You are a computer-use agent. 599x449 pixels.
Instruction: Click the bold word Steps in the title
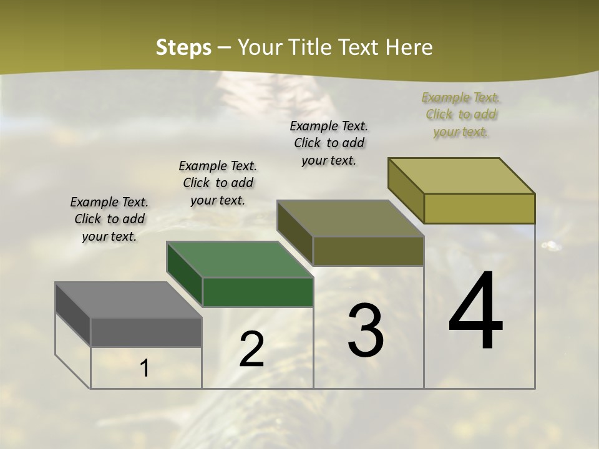point(183,47)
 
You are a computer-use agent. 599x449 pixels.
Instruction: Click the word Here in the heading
point(409,47)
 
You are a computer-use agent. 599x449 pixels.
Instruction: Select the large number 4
point(476,311)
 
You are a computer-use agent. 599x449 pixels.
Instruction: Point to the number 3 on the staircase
point(366,331)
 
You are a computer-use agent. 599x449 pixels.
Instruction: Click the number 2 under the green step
point(251,350)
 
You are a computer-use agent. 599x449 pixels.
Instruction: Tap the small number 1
point(145,369)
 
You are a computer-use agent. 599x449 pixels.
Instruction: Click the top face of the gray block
point(129,300)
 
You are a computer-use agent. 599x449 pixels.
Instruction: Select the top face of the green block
point(240,259)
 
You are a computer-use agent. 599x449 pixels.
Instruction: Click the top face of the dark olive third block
point(351,218)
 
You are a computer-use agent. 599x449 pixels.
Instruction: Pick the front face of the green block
point(258,292)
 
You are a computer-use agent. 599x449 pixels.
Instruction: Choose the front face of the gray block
point(146,332)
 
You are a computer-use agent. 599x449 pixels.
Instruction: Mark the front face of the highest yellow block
point(479,208)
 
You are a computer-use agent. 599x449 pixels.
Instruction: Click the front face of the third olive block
point(368,251)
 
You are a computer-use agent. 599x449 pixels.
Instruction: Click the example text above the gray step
point(109,219)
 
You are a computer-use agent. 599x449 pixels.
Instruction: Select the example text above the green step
point(218,183)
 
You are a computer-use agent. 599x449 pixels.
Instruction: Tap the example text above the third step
point(329,143)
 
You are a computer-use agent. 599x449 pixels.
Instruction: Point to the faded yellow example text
point(461,114)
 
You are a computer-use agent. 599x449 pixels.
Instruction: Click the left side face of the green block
point(185,274)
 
